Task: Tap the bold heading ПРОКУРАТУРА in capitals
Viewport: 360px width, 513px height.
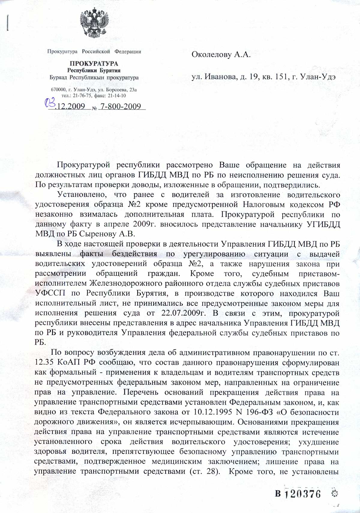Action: pos(94,64)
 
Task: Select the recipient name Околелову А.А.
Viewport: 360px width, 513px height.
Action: pos(221,55)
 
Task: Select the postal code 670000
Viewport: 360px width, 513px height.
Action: pos(58,90)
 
